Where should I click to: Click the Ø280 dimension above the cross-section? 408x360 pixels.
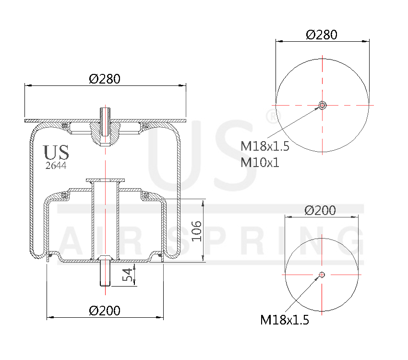coord(105,79)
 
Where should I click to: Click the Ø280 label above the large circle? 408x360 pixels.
coord(321,35)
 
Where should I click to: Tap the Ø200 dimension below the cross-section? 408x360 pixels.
coord(105,311)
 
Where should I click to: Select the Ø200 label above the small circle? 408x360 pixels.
coord(321,210)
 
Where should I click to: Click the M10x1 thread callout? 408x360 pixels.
coord(260,162)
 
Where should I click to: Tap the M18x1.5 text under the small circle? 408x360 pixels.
coord(284,320)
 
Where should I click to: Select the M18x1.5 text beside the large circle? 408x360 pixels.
coord(265,146)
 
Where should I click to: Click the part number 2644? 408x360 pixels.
coord(56,166)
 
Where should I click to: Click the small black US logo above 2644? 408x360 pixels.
coord(56,153)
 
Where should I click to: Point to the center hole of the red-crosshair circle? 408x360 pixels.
coord(322,275)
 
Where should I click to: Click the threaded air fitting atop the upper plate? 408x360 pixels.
coord(105,115)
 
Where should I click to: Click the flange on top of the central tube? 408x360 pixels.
coord(105,180)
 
